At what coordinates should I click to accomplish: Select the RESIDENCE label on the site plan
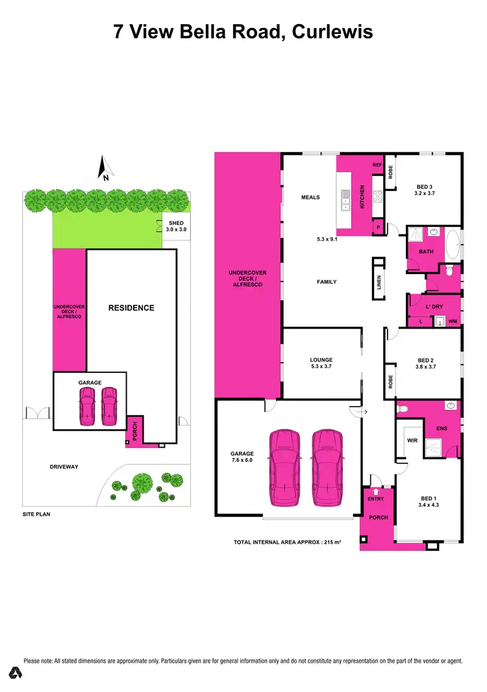tap(131, 307)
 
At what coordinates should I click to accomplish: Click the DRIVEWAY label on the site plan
tap(63, 467)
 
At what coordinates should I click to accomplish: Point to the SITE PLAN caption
tap(36, 514)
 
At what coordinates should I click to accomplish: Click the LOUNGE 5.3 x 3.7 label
tap(321, 363)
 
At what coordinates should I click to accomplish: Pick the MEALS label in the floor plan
tap(310, 198)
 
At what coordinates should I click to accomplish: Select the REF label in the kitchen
tap(377, 166)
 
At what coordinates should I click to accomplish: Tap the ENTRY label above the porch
tap(376, 498)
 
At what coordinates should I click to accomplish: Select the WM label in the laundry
tap(453, 321)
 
